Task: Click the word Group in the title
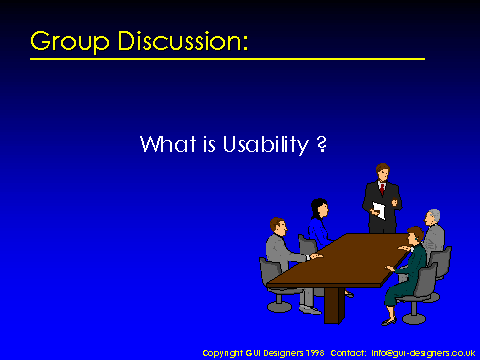click(x=70, y=42)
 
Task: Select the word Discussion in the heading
click(x=183, y=41)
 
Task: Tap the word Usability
click(x=266, y=145)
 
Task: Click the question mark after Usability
click(x=322, y=144)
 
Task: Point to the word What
click(x=168, y=144)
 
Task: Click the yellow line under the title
click(x=227, y=59)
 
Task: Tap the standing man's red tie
click(x=382, y=189)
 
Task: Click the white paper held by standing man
click(x=379, y=210)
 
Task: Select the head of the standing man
click(x=382, y=172)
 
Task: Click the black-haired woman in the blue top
click(x=319, y=223)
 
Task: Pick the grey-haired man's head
click(x=432, y=217)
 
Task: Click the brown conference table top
click(x=340, y=261)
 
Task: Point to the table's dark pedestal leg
click(x=334, y=305)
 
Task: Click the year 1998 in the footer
click(x=314, y=353)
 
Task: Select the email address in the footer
click(x=423, y=353)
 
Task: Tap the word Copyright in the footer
click(x=223, y=353)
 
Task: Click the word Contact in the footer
click(x=348, y=353)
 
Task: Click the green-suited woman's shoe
click(x=389, y=322)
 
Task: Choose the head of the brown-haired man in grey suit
click(x=279, y=226)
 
